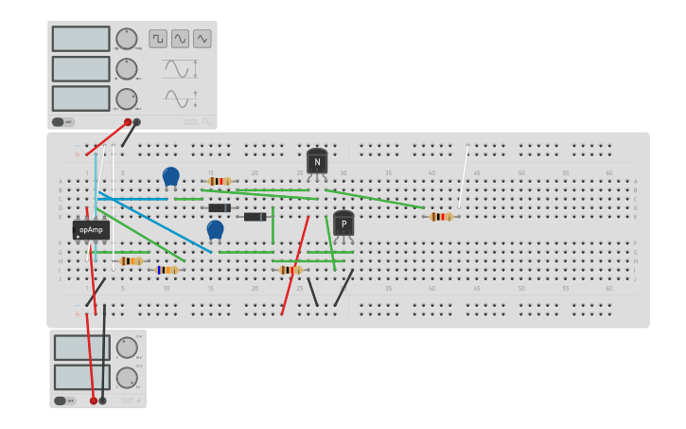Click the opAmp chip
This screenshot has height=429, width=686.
pos(91,230)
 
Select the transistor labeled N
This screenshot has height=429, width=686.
pos(317,161)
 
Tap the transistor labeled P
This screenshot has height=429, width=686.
pos(343,224)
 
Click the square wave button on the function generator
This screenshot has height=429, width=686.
pos(158,39)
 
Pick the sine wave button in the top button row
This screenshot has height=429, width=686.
pos(180,39)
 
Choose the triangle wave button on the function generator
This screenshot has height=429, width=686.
pos(202,39)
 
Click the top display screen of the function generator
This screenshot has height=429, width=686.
pos(80,39)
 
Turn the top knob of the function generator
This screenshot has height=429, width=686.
pos(126,39)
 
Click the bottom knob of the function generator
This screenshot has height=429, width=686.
pos(126,98)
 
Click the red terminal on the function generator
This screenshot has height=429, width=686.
pos(128,122)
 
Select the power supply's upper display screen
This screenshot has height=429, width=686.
pos(81,348)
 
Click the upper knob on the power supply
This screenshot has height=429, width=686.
pos(127,348)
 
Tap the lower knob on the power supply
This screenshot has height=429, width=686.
pos(127,378)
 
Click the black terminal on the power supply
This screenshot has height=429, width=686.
pos(103,401)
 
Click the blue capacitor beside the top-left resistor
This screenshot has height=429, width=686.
pos(171,176)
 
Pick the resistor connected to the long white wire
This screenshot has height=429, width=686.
pos(441,217)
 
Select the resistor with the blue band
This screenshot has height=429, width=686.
pos(167,270)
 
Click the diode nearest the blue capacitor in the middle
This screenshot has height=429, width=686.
pos(220,208)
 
